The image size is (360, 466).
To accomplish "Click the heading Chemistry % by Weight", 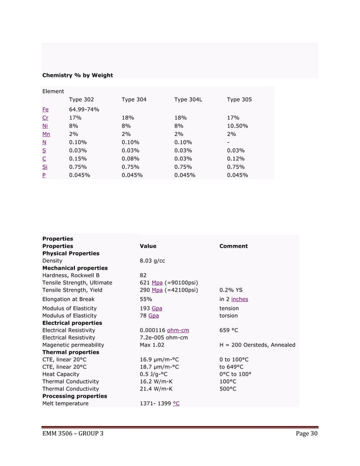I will pos(78,75).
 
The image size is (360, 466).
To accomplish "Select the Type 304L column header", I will pos(188,100).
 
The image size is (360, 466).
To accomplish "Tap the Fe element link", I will pos(46,109).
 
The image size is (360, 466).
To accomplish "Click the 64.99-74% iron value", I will pos(84,109).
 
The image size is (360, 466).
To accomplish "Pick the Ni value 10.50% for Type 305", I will pos(239,126).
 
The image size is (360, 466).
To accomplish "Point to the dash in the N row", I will pos(228,143).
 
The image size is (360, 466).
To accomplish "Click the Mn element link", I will pos(46,134).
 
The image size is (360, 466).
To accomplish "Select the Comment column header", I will pos(233,246).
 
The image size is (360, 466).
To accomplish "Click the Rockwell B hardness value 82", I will pos(143,275).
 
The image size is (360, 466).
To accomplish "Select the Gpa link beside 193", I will pos(158,309).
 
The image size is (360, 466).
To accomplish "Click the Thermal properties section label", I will pos(71,352).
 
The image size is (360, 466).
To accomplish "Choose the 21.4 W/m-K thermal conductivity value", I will pos(159,389).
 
